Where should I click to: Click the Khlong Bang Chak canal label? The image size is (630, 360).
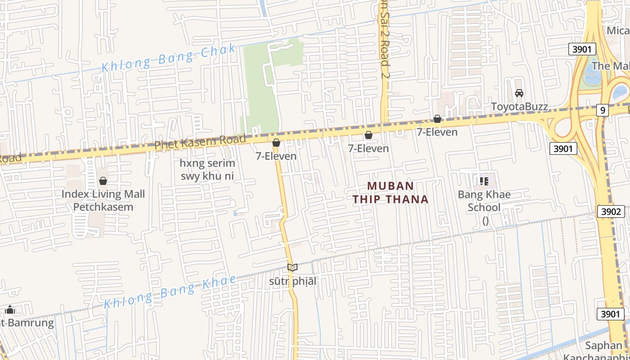[x=169, y=58]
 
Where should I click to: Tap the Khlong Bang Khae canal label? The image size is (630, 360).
[x=170, y=292]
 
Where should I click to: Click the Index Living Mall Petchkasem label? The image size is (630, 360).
[x=103, y=201]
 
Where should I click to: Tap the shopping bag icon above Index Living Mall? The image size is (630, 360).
[x=103, y=181]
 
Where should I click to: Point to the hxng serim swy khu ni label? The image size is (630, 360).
[x=207, y=169]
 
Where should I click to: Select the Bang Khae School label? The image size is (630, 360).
[x=484, y=201]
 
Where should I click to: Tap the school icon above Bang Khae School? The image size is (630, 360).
[x=484, y=181]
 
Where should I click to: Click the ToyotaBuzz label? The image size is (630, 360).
[x=519, y=107]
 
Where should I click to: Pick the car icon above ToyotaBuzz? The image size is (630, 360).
[x=519, y=93]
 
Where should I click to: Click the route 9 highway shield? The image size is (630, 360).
[x=603, y=110]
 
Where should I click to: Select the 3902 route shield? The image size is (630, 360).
[x=611, y=211]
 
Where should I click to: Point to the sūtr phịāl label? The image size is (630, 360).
[x=292, y=282]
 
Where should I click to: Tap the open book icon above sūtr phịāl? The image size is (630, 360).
[x=292, y=267]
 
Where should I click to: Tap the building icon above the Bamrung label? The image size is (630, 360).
[x=10, y=310]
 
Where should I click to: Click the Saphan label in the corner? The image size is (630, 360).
[x=603, y=346]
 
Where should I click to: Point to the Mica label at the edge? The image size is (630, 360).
[x=618, y=30]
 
